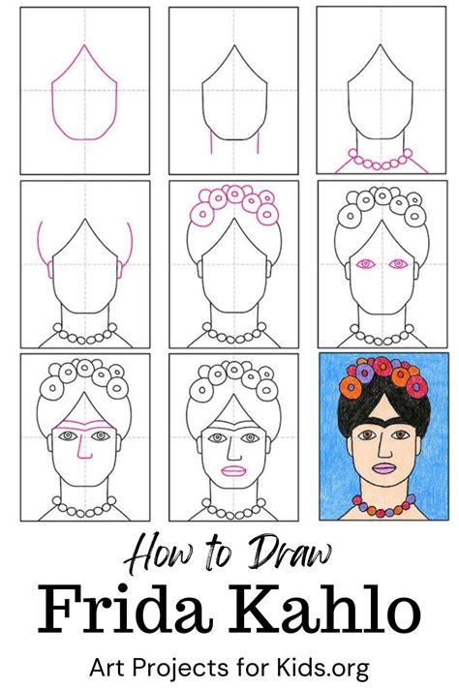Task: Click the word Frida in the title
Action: coord(123,610)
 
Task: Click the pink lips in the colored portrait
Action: coord(383,467)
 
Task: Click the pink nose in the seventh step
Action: coord(82,448)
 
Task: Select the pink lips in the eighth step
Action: coord(233,471)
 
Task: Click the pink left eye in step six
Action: coord(365,264)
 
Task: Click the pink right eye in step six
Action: coord(398,264)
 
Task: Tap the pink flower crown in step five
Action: coord(235,204)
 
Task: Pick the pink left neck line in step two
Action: coord(211,143)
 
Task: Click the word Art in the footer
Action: coord(108,669)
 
